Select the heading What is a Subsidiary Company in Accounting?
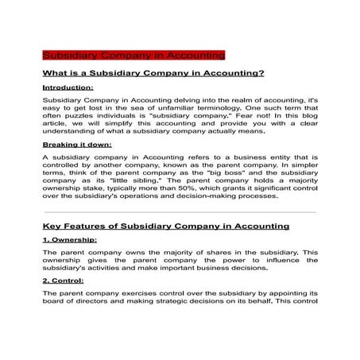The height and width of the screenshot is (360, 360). [x=153, y=73]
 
